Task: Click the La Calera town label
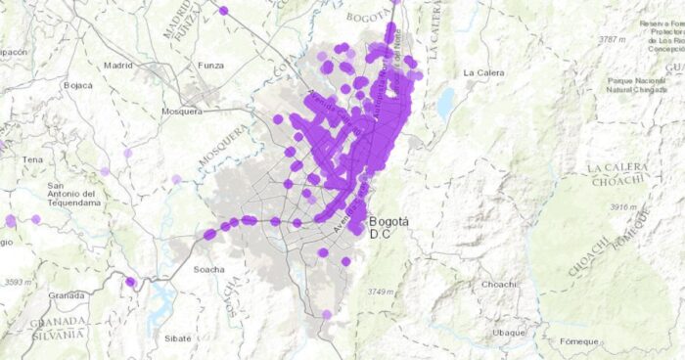[x=482, y=72]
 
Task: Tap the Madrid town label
[x=117, y=66]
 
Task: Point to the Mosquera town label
[x=181, y=111]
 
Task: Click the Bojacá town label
[x=78, y=85]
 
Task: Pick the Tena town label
[x=33, y=158]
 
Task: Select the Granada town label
[x=67, y=294]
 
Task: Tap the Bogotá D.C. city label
[x=388, y=228]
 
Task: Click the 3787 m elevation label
[x=612, y=40]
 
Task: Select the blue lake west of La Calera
[x=446, y=102]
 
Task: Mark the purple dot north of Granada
[x=130, y=282]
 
